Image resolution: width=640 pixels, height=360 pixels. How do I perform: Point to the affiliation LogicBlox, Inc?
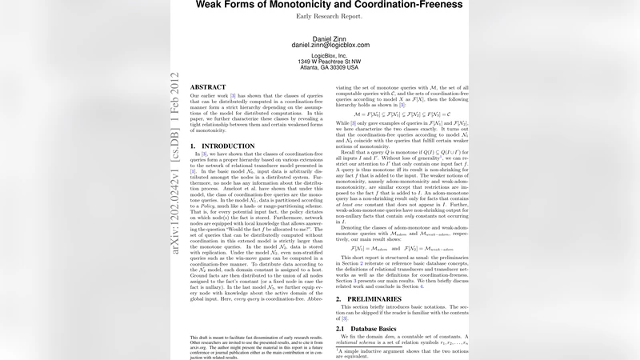330,55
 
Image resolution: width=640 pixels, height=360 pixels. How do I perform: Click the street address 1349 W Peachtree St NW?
330,62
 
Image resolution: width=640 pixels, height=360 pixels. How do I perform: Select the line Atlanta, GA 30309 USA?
330,68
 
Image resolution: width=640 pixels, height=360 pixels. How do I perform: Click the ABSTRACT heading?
208,86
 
